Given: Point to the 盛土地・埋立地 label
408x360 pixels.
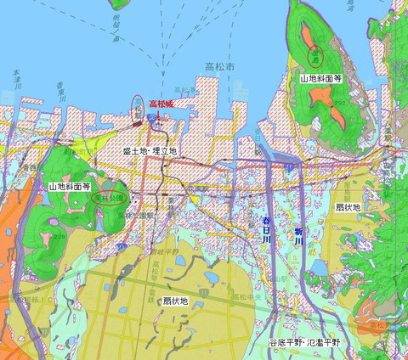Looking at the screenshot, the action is [x=150, y=150].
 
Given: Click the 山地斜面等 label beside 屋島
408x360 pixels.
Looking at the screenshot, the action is [x=320, y=78].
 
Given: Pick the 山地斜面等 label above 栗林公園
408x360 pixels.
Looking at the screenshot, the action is [x=70, y=184].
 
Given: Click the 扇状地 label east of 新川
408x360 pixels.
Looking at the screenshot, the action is [x=349, y=206].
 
